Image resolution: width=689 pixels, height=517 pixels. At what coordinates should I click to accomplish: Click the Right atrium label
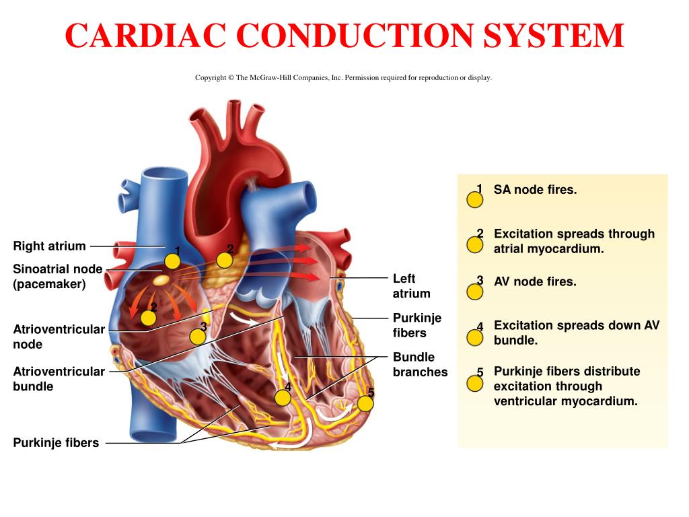click(50, 246)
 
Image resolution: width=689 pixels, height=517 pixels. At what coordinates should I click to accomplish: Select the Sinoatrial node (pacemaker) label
click(58, 276)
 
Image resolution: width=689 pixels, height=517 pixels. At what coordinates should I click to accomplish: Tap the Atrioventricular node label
click(59, 337)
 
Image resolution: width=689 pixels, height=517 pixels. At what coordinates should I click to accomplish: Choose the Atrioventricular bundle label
click(59, 379)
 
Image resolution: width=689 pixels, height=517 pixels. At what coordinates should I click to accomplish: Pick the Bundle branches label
click(420, 364)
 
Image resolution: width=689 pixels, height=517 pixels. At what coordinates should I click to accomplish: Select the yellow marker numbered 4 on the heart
click(283, 397)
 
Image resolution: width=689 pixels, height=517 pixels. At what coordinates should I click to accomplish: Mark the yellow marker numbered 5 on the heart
click(365, 403)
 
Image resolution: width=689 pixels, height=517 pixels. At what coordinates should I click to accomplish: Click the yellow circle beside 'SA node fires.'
click(475, 200)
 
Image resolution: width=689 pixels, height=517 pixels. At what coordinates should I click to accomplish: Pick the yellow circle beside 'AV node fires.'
click(475, 291)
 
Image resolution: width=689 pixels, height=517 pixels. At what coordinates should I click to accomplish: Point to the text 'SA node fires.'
click(535, 190)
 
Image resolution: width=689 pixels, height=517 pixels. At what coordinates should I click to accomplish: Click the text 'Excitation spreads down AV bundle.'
click(576, 333)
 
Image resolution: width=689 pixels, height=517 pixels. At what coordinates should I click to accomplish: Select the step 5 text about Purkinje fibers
click(567, 386)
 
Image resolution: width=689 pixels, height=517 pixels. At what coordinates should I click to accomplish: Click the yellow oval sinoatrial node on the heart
click(161, 278)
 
